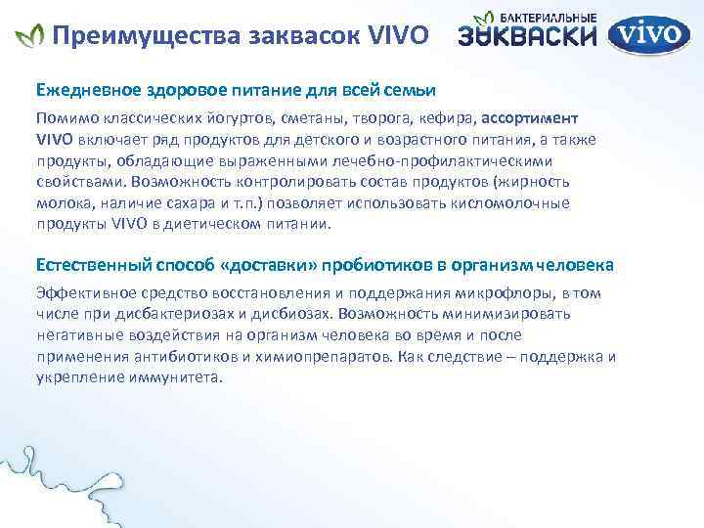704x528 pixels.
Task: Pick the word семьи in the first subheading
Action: click(x=411, y=90)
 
